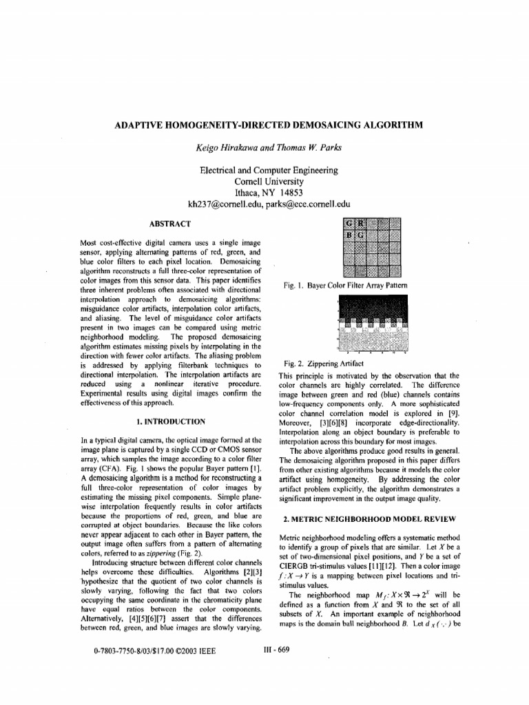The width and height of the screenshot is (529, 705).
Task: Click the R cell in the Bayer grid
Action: coord(361,223)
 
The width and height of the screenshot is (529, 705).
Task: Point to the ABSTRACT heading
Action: coord(170,224)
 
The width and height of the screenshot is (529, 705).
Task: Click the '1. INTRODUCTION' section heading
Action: coord(170,420)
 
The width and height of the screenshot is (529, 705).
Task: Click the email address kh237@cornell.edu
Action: coord(227,204)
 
